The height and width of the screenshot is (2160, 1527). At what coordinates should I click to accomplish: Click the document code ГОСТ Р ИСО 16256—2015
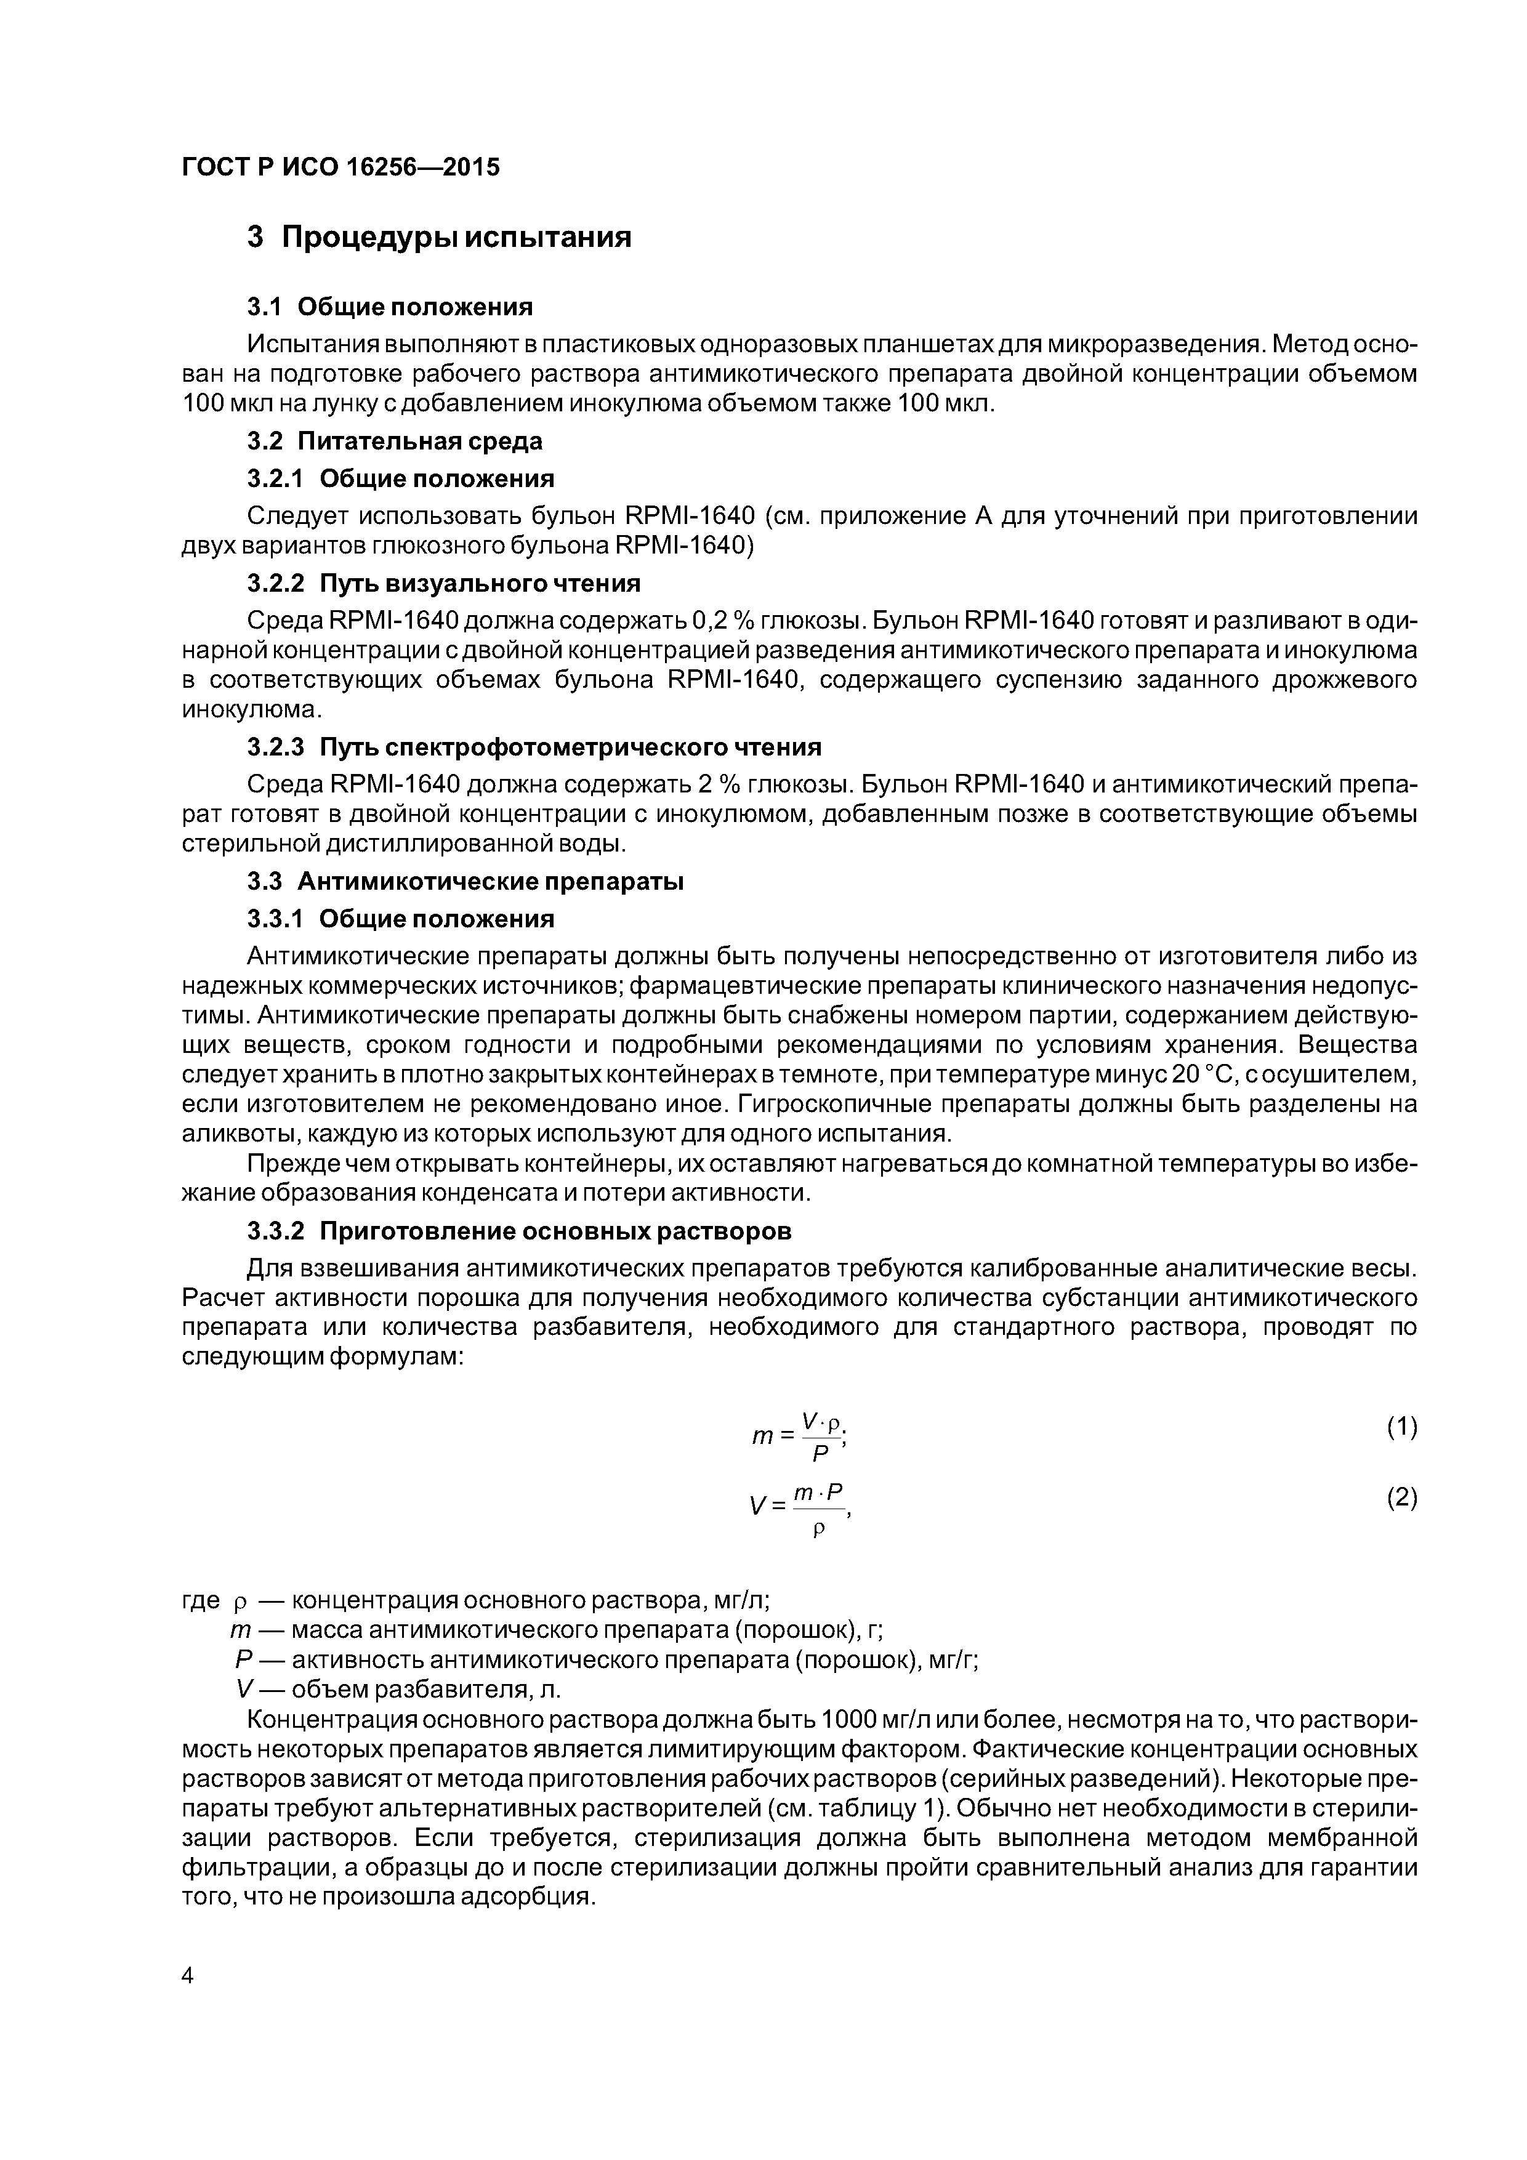(340, 167)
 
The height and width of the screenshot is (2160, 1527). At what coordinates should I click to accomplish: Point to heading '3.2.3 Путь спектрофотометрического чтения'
(533, 747)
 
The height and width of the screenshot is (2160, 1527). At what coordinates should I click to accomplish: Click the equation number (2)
(1401, 1497)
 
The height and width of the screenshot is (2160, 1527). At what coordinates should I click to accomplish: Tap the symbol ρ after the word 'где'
(239, 1601)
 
